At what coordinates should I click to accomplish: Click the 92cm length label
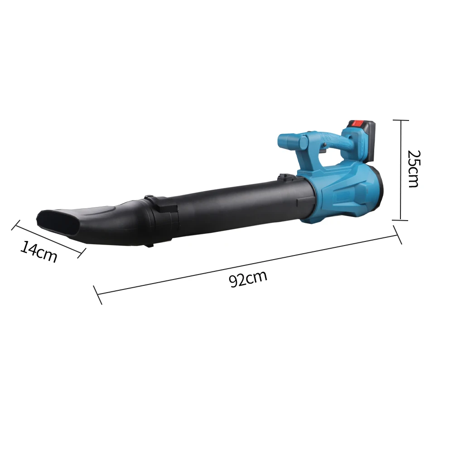tap(248, 279)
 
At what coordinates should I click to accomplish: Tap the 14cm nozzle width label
tap(39, 252)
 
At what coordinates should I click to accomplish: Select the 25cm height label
tap(413, 169)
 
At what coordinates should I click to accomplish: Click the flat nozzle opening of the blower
tap(57, 222)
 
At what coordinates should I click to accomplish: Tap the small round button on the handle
tap(325, 145)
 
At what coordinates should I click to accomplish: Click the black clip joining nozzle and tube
tap(161, 204)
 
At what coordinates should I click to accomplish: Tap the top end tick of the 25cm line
tap(400, 120)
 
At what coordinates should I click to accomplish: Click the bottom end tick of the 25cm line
tap(400, 220)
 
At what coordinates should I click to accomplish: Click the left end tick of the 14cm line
tap(16, 225)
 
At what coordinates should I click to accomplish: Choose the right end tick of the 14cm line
tap(82, 252)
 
